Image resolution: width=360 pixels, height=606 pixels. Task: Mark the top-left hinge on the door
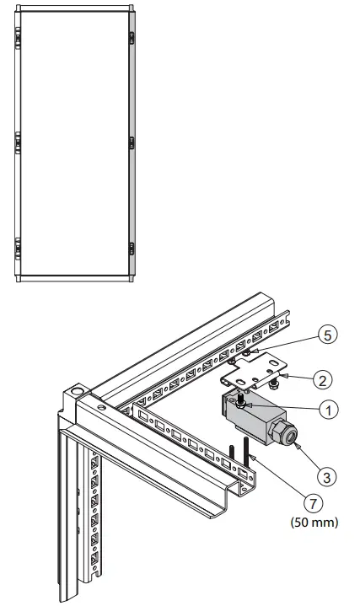pyautogui.click(x=18, y=37)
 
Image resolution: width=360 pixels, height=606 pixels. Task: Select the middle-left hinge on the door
pyautogui.click(x=18, y=142)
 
